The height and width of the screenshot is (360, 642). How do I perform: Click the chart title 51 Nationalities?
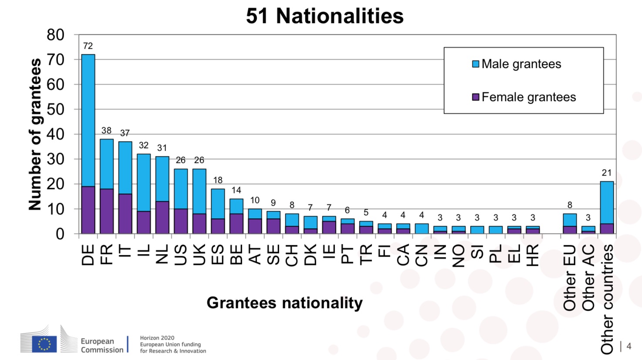(x=324, y=16)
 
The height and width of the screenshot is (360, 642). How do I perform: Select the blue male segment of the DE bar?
(x=88, y=120)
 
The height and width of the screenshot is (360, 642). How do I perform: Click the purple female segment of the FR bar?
(x=107, y=211)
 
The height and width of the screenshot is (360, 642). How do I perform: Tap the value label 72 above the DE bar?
(x=88, y=46)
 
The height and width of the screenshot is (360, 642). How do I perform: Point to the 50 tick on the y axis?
(x=55, y=109)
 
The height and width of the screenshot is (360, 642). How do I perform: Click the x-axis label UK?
(x=199, y=254)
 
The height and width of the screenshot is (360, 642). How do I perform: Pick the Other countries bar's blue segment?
(x=607, y=203)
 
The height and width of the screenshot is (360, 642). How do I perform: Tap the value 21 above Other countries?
(x=607, y=173)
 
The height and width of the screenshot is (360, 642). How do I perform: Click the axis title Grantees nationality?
(x=284, y=303)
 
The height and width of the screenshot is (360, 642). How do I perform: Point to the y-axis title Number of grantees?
(x=35, y=134)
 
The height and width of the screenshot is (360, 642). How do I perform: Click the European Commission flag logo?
(x=44, y=344)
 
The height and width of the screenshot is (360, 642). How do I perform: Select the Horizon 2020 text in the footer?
(x=157, y=338)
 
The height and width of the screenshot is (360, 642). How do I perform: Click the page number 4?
(x=628, y=346)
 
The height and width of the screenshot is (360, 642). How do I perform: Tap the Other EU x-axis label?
(x=570, y=278)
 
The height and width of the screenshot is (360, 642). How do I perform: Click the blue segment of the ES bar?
(x=218, y=204)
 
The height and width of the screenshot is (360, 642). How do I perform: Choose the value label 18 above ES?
(x=218, y=180)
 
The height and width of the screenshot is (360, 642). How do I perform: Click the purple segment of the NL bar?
(x=162, y=217)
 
